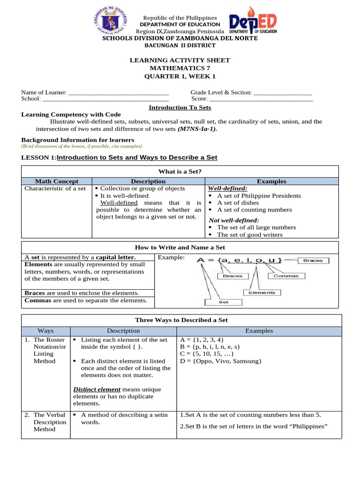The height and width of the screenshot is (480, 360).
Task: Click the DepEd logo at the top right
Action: [x=253, y=23]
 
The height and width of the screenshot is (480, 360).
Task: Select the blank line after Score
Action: [x=261, y=100]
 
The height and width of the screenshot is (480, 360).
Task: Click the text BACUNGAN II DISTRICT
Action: [x=180, y=45]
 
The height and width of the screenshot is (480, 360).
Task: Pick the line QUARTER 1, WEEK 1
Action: [x=180, y=76]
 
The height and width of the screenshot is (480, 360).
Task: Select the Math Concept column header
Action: [x=57, y=181]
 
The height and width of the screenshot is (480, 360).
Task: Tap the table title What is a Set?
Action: [x=180, y=172]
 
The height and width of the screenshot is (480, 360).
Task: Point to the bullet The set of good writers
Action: [x=250, y=234]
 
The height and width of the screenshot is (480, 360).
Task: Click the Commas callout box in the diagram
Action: [x=286, y=276]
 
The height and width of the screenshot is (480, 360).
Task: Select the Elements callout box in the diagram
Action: [x=262, y=292]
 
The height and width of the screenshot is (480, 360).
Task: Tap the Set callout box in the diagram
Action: [x=224, y=302]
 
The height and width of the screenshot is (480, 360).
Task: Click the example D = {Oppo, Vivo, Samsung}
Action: [x=220, y=361]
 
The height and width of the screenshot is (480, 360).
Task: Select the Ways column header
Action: [x=45, y=331]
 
